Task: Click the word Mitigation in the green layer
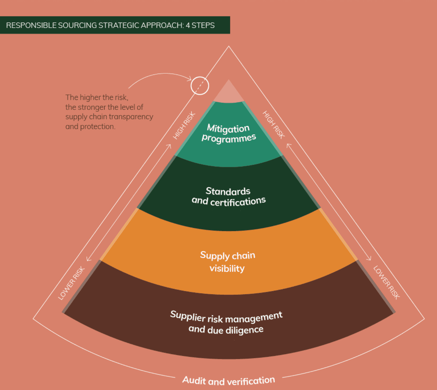tap(228, 129)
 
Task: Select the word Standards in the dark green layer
tap(228, 191)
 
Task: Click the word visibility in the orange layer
tap(227, 268)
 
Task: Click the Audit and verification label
tap(228, 381)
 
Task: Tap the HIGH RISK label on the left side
tap(184, 126)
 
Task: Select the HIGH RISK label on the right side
tap(273, 125)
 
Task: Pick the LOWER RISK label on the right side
tap(387, 282)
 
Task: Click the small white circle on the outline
tap(200, 86)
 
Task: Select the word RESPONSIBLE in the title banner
tap(31, 25)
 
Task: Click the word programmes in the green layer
tap(229, 138)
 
